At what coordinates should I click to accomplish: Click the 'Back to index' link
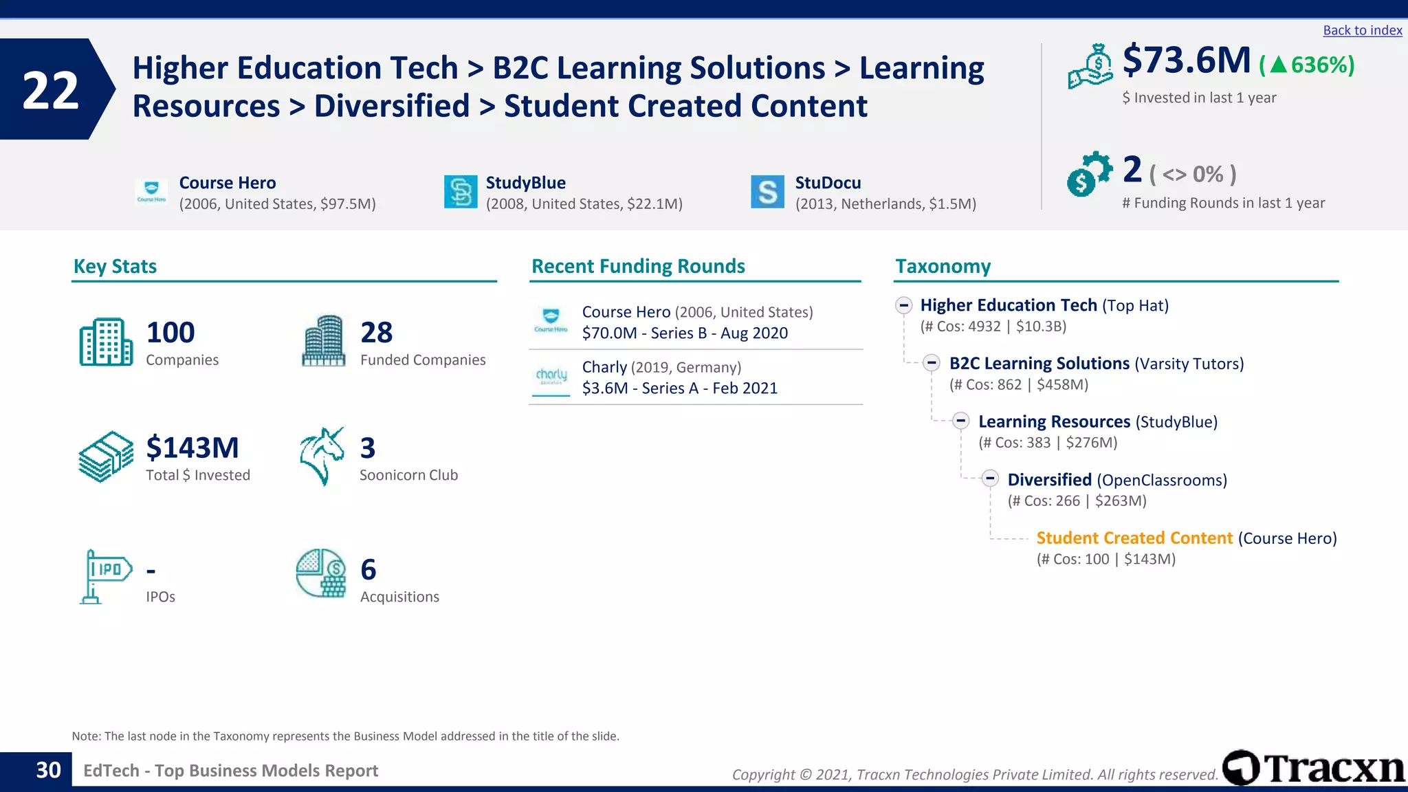1362,30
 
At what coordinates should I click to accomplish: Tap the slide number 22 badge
51,90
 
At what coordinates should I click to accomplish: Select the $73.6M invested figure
1186,60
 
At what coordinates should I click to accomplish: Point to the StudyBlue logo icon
461,192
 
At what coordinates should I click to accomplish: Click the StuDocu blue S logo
767,192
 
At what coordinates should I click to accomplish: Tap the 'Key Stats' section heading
115,266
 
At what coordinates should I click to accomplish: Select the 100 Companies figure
170,333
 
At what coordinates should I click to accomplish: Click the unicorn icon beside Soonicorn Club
321,456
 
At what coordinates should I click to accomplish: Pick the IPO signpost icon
104,576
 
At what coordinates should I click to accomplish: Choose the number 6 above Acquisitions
368,570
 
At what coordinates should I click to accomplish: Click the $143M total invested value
192,448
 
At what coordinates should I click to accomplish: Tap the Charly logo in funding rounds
551,377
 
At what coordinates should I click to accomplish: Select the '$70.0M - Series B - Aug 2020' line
685,333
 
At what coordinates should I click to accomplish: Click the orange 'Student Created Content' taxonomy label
1134,538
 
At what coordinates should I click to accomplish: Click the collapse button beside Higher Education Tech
904,305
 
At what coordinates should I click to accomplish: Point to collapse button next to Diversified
990,478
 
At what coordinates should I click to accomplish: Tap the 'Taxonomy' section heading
943,266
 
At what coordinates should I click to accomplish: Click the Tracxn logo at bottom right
1313,768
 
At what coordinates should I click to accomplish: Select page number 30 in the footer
48,771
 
